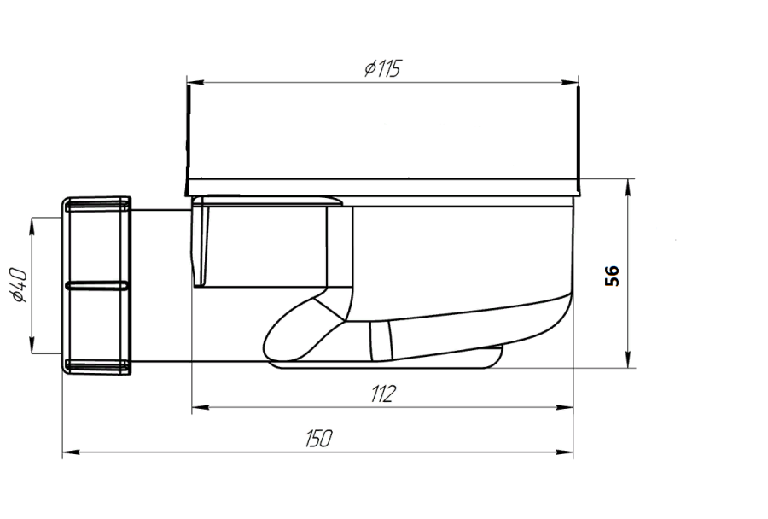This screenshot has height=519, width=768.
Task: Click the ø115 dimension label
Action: click(x=382, y=68)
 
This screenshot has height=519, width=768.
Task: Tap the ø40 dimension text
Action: click(x=20, y=286)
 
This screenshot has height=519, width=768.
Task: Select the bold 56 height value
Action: click(x=612, y=276)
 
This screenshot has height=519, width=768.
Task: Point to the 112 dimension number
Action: click(x=383, y=394)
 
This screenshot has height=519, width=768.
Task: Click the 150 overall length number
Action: click(x=319, y=439)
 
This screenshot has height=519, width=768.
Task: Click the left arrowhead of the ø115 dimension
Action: click(x=195, y=82)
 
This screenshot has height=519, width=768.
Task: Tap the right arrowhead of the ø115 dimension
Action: click(x=570, y=82)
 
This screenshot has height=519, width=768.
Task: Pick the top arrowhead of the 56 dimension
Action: click(x=628, y=187)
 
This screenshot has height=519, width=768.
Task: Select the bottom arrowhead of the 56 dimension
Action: click(x=628, y=359)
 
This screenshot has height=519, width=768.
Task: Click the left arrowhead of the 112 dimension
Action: click(x=200, y=407)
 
